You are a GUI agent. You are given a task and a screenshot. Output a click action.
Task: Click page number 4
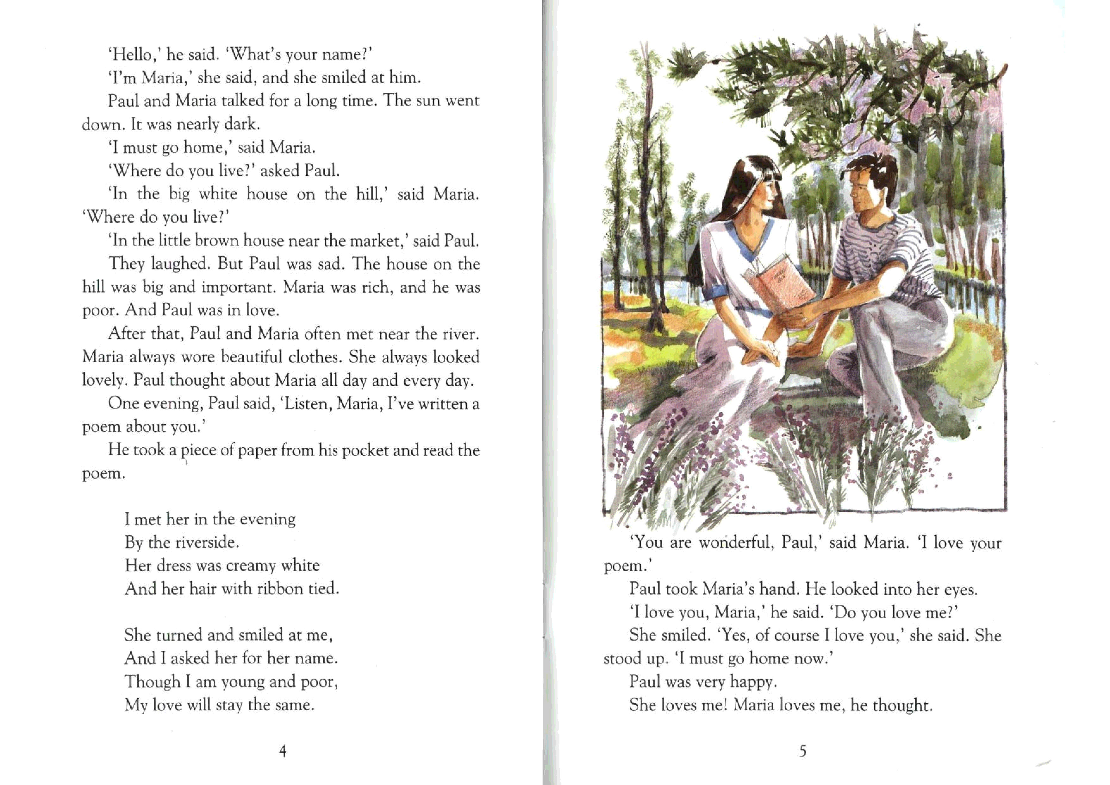[x=283, y=751]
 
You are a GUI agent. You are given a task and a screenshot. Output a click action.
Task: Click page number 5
[x=802, y=751]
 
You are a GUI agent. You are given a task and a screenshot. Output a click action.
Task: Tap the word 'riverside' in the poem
[x=204, y=542]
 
